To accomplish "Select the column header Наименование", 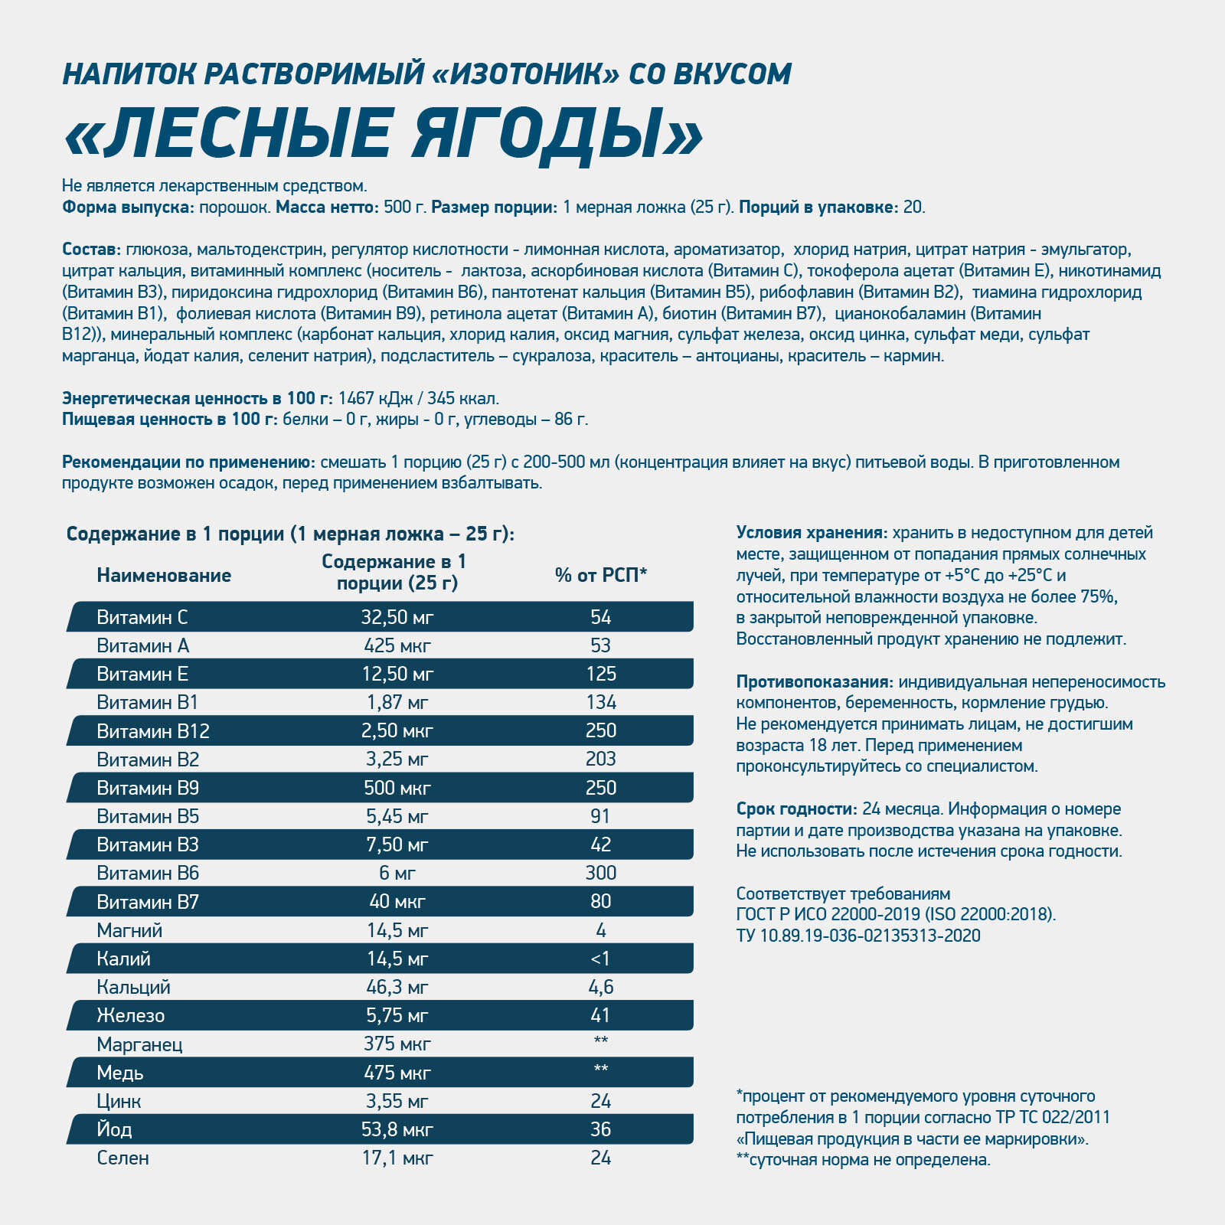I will [x=164, y=576].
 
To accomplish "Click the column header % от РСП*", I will [x=601, y=576].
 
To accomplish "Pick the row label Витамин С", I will [x=142, y=617].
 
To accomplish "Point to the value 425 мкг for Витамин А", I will [x=397, y=646].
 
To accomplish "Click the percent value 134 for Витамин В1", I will [x=601, y=703].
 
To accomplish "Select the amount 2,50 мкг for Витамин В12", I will [x=397, y=731].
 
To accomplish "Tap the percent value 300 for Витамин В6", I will [x=601, y=873].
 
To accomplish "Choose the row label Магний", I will [x=129, y=930].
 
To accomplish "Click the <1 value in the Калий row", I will [x=601, y=959].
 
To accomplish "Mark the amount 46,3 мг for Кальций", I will [x=397, y=987].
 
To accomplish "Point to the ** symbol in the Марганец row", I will [x=601, y=1041].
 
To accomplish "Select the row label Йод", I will [x=114, y=1129].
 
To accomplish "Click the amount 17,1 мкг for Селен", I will [x=397, y=1158].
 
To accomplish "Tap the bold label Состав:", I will [x=91, y=250].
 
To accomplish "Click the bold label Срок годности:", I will [x=796, y=809].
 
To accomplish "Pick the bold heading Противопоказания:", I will [x=815, y=682].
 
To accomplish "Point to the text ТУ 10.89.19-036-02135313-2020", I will [x=858, y=936].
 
